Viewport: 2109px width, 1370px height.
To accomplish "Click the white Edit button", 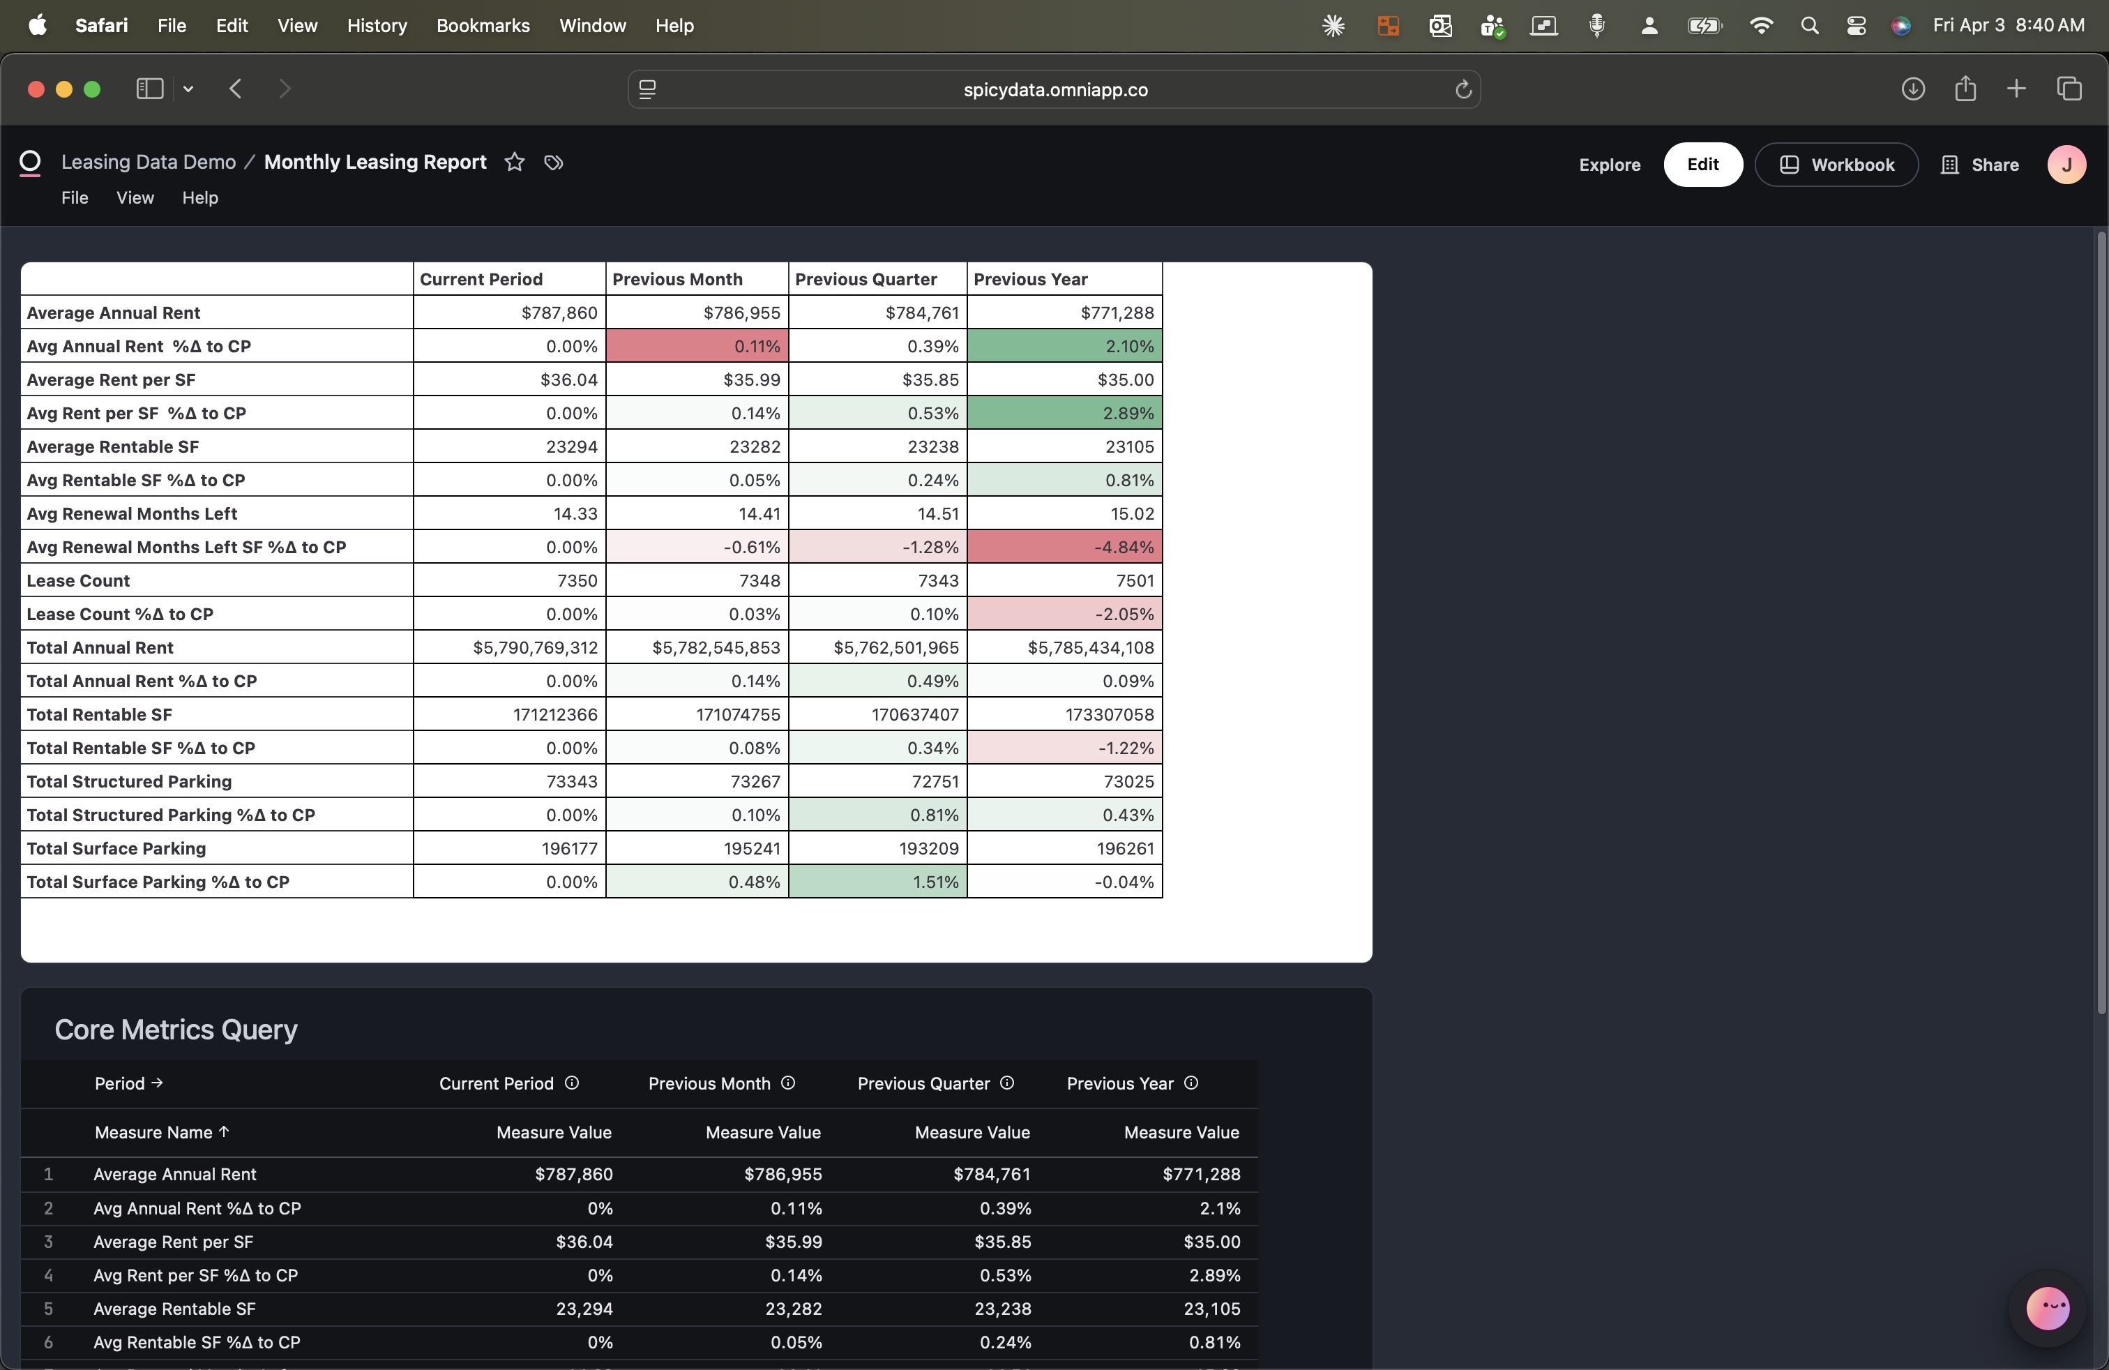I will pyautogui.click(x=1702, y=165).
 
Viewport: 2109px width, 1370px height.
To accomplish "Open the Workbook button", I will pyautogui.click(x=1836, y=165).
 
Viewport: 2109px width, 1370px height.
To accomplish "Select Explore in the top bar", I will pyautogui.click(x=1609, y=165).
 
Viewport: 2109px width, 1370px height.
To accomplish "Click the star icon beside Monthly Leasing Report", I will pyautogui.click(x=514, y=162).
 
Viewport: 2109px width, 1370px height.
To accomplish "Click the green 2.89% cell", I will pyautogui.click(x=1064, y=413).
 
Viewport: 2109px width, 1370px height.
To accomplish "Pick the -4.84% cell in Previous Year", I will pyautogui.click(x=1064, y=547).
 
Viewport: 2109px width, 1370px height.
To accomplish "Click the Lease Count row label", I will pyautogui.click(x=78, y=580).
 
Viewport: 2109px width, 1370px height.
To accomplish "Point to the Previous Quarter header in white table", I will pyautogui.click(x=865, y=279).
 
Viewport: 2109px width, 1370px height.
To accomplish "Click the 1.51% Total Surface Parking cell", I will pyautogui.click(x=877, y=882).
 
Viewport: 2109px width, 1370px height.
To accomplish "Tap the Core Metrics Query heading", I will pyautogui.click(x=176, y=1030).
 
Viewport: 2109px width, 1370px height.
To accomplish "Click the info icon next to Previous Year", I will pyautogui.click(x=1191, y=1083).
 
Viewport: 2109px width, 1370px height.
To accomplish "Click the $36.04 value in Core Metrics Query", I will pyautogui.click(x=584, y=1242).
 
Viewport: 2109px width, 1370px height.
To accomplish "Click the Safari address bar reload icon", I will pyautogui.click(x=1463, y=89).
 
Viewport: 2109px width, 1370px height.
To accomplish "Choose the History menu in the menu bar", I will pyautogui.click(x=377, y=26).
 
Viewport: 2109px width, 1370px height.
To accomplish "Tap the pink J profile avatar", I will pyautogui.click(x=2066, y=165).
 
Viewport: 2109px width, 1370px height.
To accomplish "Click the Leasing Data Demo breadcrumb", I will pyautogui.click(x=148, y=162).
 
